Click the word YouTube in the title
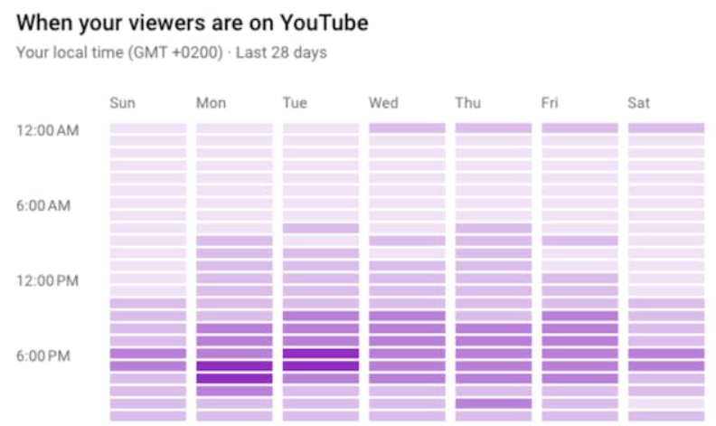click(317, 21)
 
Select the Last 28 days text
click(281, 52)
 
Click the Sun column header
click(122, 103)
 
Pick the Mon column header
click(211, 103)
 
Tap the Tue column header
click(296, 103)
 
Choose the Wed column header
click(383, 103)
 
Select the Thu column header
click(468, 103)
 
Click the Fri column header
click(550, 103)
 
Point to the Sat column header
click(638, 103)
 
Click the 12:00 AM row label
click(48, 130)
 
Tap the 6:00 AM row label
click(43, 205)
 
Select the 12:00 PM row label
click(48, 280)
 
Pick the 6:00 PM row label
click(43, 355)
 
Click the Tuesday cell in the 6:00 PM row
click(321, 354)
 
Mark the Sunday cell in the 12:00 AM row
click(148, 128)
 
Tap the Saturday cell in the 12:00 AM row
click(666, 128)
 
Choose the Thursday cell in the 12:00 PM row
click(494, 279)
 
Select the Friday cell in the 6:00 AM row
click(579, 204)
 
